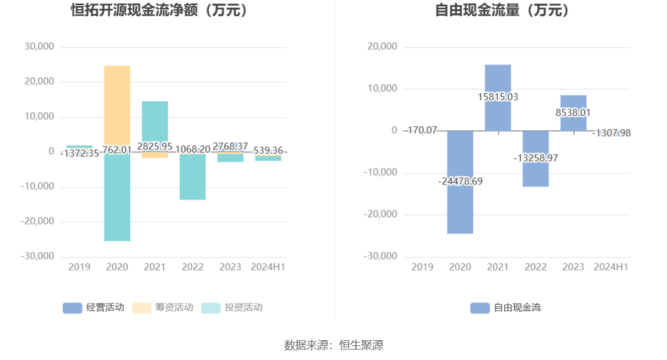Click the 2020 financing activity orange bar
click(x=117, y=105)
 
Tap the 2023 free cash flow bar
click(x=573, y=105)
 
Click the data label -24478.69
click(x=460, y=181)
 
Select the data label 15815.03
click(x=498, y=97)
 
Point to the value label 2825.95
click(x=155, y=146)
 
